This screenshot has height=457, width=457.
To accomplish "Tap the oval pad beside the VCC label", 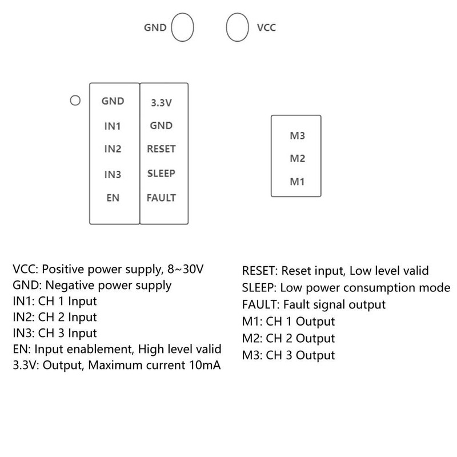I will point(238,27).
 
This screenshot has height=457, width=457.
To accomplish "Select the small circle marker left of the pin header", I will point(74,101).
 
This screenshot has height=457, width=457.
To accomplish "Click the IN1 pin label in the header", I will point(113,126).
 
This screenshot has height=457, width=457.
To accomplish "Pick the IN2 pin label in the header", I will point(113,149).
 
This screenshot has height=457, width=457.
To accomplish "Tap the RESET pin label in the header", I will point(161,149).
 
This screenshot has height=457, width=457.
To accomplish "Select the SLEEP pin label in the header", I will point(161,173).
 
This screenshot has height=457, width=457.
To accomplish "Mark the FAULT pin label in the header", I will point(161,198).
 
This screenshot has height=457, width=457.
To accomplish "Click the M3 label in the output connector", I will point(298,136).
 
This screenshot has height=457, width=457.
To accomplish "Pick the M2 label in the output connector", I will point(298,159).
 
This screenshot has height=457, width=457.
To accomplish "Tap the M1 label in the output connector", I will point(298,182).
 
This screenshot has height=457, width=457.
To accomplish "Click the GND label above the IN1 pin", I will point(113,101).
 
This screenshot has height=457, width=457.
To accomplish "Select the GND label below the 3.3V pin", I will point(161,126).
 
